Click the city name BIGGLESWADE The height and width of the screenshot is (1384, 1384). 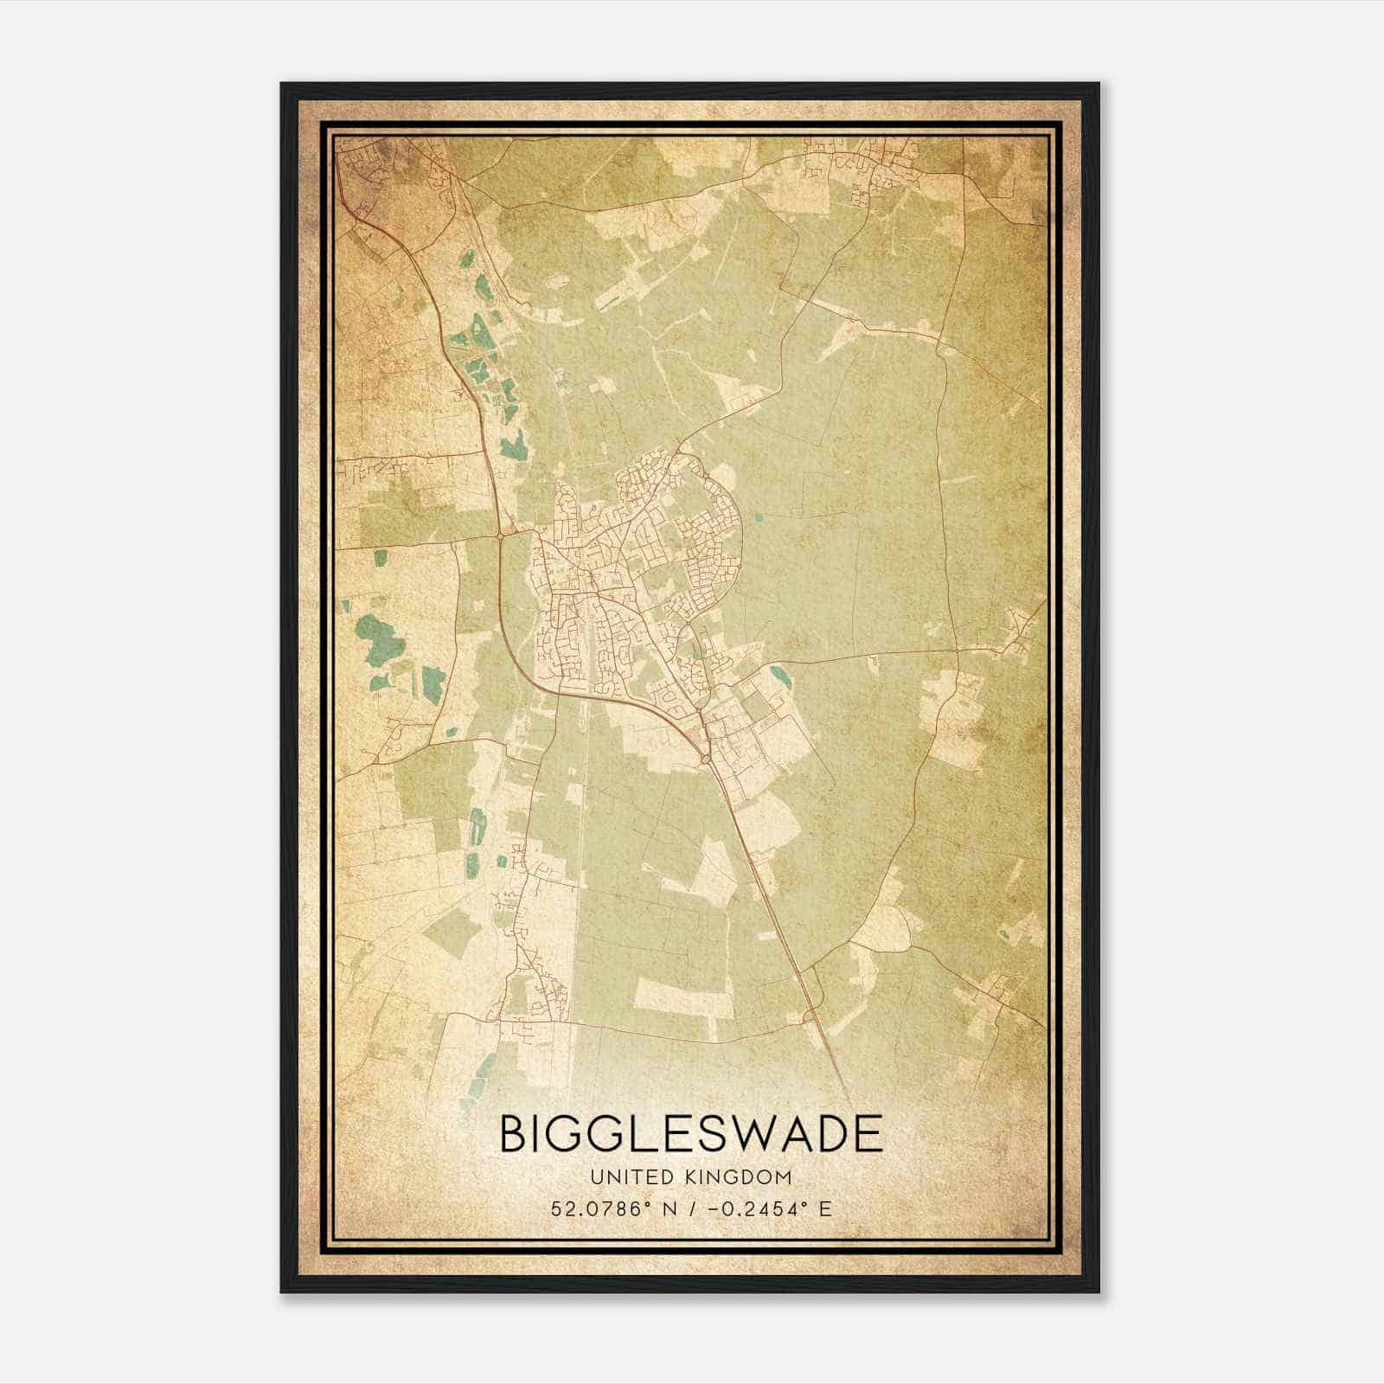(x=691, y=1134)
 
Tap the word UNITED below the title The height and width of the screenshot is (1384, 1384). (x=621, y=1177)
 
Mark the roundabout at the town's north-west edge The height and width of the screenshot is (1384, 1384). (x=501, y=536)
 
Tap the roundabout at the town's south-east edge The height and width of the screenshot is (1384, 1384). (x=706, y=758)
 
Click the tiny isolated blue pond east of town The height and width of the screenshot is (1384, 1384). (x=759, y=519)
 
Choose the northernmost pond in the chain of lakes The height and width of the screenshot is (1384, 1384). (x=467, y=258)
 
